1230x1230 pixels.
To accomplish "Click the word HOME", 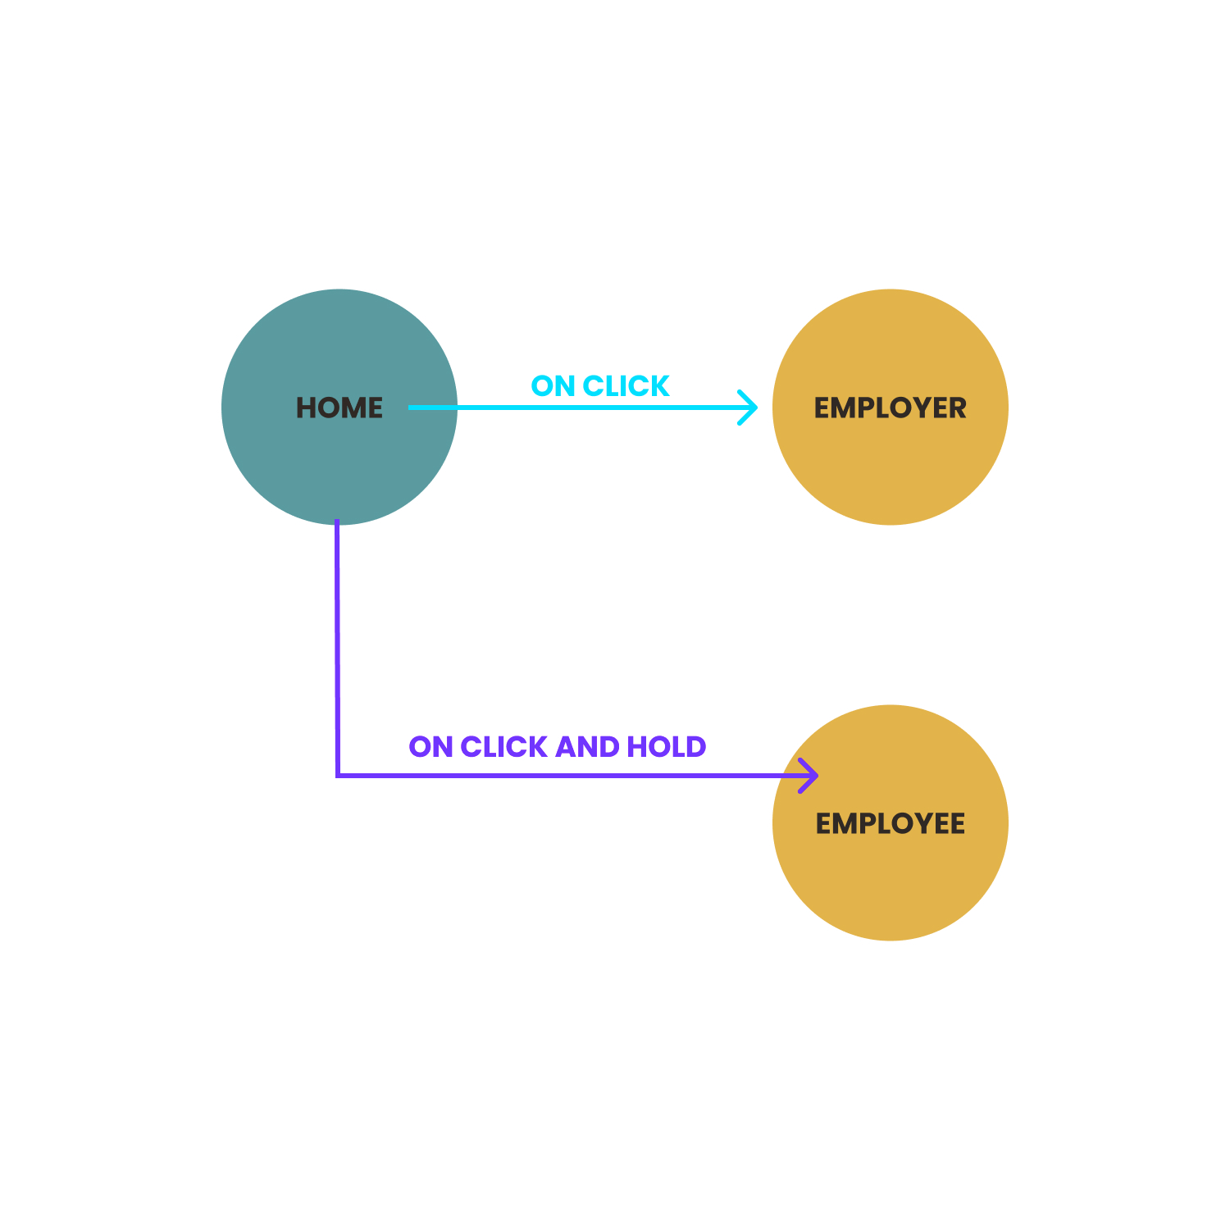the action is pos(339,408).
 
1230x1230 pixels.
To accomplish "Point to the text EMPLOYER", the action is pos(891,408).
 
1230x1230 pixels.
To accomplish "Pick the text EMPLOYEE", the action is pos(891,823).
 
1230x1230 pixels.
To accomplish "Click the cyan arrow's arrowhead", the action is pos(747,408).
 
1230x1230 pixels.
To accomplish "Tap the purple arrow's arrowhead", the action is pos(809,775).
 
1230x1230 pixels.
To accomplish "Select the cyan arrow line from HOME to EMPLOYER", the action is pos(583,408).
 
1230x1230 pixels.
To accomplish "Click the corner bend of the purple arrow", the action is pos(337,775).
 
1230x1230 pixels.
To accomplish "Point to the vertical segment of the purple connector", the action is pos(337,648).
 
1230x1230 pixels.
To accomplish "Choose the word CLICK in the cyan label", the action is pos(626,386).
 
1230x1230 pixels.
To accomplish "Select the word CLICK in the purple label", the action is pos(503,747).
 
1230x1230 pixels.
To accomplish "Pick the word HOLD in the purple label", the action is pos(667,747).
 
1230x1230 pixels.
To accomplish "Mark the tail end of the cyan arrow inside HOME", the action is pos(410,408).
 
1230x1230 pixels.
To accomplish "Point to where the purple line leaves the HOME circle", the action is pos(337,524).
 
